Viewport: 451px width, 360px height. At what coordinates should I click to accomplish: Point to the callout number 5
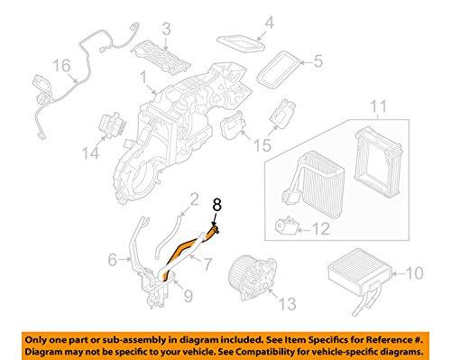click(318, 62)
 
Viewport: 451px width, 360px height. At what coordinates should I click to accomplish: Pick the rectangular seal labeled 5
click(280, 68)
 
